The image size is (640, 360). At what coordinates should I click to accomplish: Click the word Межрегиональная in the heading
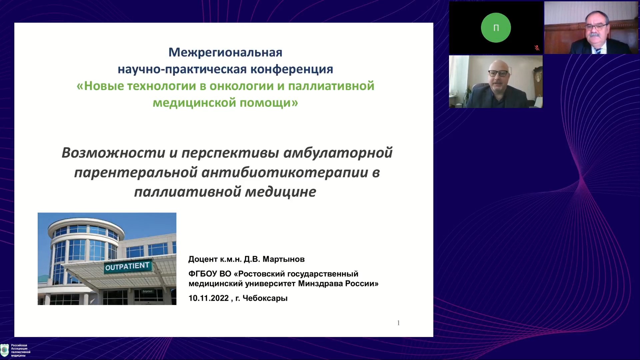click(225, 52)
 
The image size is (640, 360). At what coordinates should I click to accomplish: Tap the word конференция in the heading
click(292, 69)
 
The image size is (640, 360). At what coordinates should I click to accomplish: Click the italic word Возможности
click(113, 153)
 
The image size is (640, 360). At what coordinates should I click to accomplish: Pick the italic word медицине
click(281, 192)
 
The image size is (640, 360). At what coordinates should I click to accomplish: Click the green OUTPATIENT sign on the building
click(128, 266)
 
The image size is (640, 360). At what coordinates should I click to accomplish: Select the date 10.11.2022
click(209, 298)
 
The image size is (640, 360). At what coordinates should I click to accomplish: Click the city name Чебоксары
click(265, 298)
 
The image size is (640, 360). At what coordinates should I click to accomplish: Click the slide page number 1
click(398, 323)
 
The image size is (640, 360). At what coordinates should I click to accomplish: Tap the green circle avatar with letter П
click(496, 28)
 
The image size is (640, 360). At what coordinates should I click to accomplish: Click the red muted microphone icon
click(537, 48)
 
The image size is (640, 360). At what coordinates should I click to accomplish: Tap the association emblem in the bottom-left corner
click(5, 350)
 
